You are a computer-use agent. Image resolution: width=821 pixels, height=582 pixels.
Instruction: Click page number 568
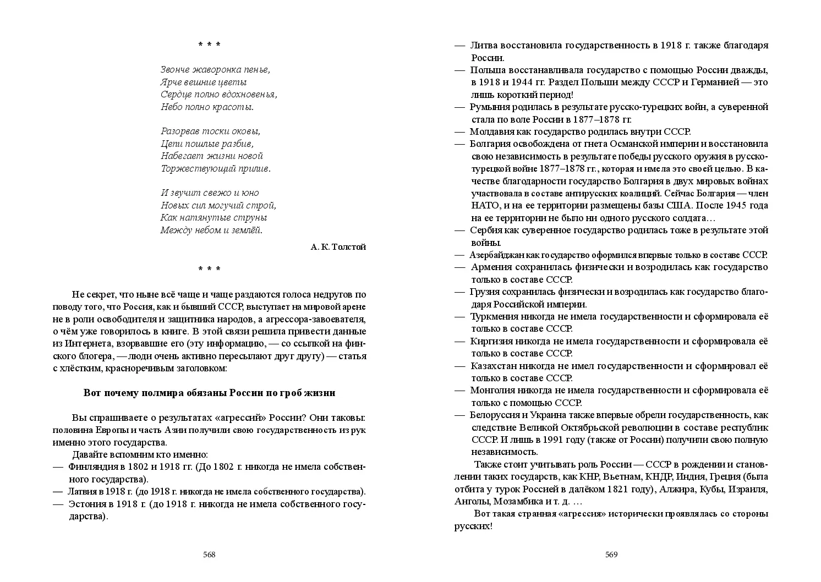(209, 554)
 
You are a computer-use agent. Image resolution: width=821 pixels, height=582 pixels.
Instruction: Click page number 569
(611, 554)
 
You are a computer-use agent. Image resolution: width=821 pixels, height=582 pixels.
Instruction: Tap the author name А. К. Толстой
(338, 247)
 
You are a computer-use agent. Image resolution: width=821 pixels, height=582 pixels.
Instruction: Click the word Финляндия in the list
(90, 467)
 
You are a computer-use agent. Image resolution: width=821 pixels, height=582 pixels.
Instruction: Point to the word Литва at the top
(483, 45)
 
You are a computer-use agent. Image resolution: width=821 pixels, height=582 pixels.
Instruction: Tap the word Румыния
(489, 107)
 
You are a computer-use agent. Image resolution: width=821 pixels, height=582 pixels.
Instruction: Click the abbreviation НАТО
(484, 205)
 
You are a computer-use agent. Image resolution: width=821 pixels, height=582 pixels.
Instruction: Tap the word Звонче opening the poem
(176, 70)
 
